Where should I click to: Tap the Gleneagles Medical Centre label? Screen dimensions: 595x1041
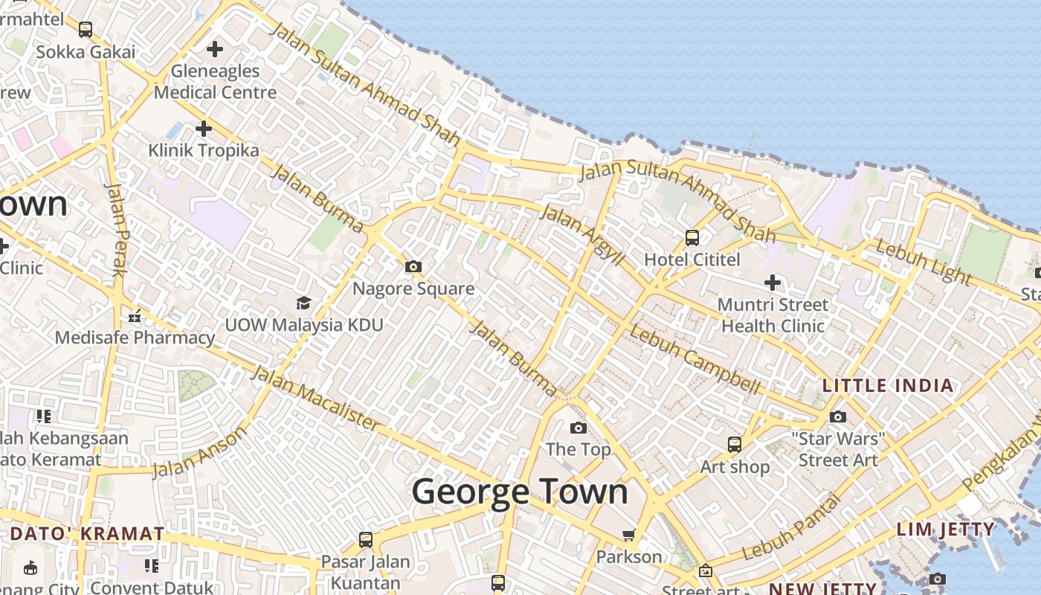pos(215,82)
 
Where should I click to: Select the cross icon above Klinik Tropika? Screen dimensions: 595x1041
pos(203,129)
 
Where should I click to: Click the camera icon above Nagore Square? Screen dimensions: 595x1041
pos(413,266)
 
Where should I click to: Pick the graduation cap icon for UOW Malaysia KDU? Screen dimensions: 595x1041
pos(303,303)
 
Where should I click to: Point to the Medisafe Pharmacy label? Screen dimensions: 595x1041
pos(135,338)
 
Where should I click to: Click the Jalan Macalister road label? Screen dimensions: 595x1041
pos(316,398)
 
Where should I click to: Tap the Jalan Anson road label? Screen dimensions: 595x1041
pos(199,452)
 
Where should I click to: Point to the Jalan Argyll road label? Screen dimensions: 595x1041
pos(582,234)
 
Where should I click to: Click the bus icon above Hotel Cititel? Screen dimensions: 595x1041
pos(692,238)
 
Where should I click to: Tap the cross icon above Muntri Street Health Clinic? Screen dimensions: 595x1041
pos(773,283)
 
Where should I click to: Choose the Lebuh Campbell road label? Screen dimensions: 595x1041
pos(694,360)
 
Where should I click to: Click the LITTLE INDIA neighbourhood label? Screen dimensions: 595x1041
pos(887,385)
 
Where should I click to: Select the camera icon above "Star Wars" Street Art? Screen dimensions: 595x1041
pos(838,416)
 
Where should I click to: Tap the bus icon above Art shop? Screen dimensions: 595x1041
pos(735,445)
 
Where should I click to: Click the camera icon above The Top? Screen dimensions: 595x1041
pos(578,428)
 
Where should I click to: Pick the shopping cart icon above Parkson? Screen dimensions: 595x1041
pos(628,535)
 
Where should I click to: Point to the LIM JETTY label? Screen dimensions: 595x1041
pos(945,530)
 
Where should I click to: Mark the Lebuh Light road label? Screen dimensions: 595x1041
pos(924,262)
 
